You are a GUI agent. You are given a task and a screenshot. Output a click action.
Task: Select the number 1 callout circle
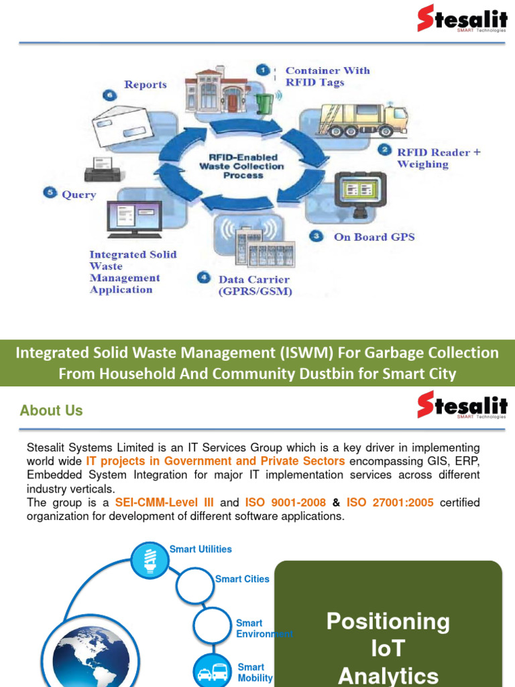click(264, 70)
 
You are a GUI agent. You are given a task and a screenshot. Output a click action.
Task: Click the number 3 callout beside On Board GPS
click(315, 236)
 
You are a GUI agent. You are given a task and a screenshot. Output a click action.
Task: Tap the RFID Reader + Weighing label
click(439, 158)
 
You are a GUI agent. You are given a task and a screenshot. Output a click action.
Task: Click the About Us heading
click(52, 411)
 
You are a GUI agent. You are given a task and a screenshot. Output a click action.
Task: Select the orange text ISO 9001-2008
click(286, 503)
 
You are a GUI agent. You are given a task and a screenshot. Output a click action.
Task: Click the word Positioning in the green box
click(388, 621)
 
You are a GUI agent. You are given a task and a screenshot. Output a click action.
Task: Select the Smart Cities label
click(242, 579)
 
